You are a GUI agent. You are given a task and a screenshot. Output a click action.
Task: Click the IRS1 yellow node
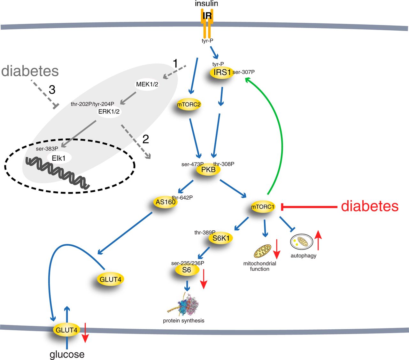click(222, 72)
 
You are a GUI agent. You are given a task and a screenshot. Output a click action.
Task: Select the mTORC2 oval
click(189, 104)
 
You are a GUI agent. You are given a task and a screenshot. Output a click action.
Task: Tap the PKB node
click(208, 170)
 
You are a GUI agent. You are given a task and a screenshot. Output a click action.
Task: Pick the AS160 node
click(166, 202)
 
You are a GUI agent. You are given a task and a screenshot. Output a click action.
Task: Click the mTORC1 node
click(263, 207)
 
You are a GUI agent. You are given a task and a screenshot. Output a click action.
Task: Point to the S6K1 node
click(221, 238)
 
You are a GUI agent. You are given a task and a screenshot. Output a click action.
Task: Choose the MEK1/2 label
click(147, 84)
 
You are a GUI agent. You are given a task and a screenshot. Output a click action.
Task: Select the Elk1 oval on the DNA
click(59, 158)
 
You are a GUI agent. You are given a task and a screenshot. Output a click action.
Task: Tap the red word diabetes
click(370, 206)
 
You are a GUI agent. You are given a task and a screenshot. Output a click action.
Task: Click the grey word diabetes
click(30, 71)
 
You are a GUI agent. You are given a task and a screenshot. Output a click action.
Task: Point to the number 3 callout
click(52, 90)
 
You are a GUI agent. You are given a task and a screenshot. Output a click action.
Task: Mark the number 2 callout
click(145, 139)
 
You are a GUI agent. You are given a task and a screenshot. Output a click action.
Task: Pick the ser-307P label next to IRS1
click(243, 72)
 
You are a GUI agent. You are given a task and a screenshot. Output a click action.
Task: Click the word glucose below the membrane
click(67, 354)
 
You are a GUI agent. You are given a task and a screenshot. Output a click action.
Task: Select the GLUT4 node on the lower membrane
click(66, 330)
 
